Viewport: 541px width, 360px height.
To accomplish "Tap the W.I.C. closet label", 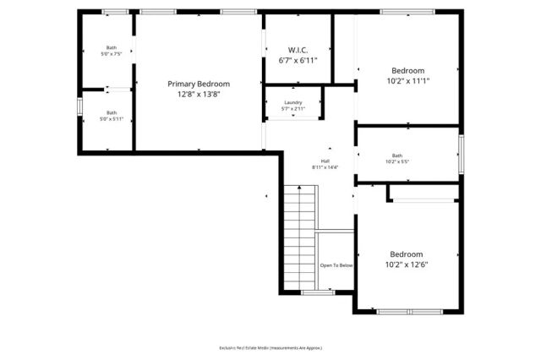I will coord(297,49).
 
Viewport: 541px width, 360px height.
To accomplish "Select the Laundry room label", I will coord(292,102).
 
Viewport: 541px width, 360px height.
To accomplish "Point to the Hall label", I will coord(325,161).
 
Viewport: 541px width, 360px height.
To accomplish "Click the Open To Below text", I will coord(336,265).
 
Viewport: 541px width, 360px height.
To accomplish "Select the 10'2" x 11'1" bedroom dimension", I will coord(407,82).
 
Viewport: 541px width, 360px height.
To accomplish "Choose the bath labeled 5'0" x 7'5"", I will coord(112,51).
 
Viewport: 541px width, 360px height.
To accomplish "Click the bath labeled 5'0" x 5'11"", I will coord(112,116).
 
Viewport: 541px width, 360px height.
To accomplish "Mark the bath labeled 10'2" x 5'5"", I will coord(396,158).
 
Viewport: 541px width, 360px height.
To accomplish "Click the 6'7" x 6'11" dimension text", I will coord(297,61).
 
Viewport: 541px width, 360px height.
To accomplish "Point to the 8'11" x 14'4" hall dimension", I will coord(325,167).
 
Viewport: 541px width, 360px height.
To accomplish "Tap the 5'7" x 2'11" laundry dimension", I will coord(292,109).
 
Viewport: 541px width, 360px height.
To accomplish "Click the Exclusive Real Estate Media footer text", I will coord(270,347).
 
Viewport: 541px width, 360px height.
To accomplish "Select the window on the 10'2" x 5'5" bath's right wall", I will coord(462,153).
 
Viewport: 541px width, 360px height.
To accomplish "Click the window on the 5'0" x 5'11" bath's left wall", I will coord(80,107).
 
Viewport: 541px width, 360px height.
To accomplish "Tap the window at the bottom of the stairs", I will coord(319,292).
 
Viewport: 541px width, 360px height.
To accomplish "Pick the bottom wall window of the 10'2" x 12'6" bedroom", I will coord(408,312).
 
